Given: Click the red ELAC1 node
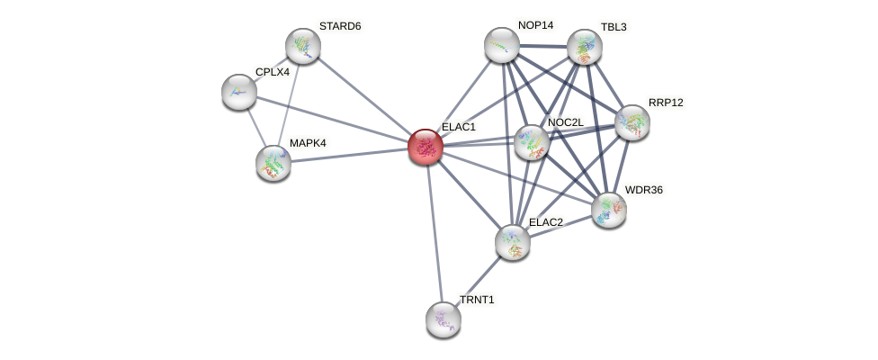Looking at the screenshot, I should point(425,147).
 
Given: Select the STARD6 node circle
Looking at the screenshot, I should point(303,46).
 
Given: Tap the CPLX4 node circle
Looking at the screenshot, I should point(239,91).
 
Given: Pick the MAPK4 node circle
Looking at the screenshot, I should point(273,163).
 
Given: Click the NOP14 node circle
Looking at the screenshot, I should point(502,45).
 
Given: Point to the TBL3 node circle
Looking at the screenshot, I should point(585,47).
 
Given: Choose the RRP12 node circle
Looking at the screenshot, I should point(632,122).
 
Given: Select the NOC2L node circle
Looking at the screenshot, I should point(531,141).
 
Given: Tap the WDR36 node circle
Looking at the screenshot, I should point(609,209).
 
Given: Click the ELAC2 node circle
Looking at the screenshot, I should point(513,241).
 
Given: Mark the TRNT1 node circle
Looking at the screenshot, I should point(443,319).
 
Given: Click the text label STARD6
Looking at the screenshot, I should point(340,26).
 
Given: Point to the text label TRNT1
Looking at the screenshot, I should point(477,300).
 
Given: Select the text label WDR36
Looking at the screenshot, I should point(643,190).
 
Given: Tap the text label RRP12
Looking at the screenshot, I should point(666,103).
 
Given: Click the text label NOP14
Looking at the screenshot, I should point(535,25).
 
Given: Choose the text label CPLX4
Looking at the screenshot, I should point(273,72).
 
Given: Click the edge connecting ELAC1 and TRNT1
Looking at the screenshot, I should point(434,232).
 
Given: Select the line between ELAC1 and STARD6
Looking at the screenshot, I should point(363,96).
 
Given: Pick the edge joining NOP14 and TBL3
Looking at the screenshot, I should point(543,44).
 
